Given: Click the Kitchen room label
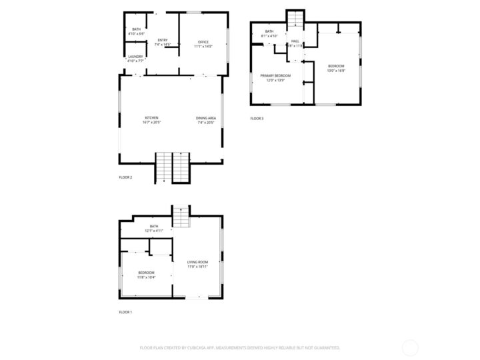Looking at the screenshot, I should [x=152, y=120].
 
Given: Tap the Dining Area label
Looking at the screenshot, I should [x=205, y=120].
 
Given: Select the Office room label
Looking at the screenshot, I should [x=203, y=44].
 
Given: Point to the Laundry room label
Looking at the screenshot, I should [x=136, y=58].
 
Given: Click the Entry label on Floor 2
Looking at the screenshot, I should [x=163, y=42].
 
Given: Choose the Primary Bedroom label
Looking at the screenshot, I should [x=275, y=78].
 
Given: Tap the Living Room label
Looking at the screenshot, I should [x=197, y=264].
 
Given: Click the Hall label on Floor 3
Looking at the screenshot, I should [x=295, y=43].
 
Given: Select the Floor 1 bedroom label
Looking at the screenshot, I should [x=146, y=274].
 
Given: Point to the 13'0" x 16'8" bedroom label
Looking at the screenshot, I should [x=336, y=67].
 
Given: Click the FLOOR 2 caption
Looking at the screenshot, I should [x=125, y=177].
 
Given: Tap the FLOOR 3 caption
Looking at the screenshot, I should [x=257, y=119].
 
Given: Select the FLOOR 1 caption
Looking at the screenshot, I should [x=125, y=312].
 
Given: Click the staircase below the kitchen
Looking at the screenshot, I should [x=173, y=167].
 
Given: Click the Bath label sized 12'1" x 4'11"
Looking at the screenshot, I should [x=154, y=229].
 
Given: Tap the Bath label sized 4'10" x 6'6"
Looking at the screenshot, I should [x=136, y=31].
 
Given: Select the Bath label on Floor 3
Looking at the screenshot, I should [x=269, y=33].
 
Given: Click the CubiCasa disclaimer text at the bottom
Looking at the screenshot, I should [x=240, y=347].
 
